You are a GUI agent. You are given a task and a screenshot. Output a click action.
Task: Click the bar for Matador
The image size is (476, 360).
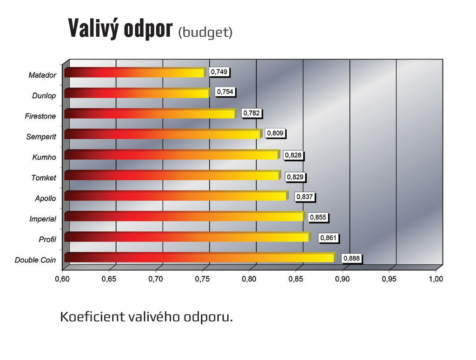[x=135, y=73]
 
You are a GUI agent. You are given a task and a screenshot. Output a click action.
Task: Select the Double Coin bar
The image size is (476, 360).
[x=200, y=257]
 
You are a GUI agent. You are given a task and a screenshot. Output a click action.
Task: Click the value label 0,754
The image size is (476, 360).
[x=225, y=92]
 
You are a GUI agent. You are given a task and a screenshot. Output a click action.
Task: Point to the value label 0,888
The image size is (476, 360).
[x=352, y=259]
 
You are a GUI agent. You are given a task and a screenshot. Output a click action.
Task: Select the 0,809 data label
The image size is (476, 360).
[x=275, y=134]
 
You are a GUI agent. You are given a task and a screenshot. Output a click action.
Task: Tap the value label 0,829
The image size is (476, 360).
[x=295, y=177]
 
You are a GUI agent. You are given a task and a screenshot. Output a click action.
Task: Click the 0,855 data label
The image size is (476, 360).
[x=318, y=217]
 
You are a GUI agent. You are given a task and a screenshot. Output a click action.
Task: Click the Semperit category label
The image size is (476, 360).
[x=41, y=137]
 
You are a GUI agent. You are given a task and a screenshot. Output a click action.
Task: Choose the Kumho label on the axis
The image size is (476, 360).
[x=44, y=157]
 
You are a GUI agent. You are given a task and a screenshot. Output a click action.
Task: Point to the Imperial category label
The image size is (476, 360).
[x=42, y=219]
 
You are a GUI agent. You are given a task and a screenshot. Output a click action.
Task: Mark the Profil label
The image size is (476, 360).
[x=47, y=240]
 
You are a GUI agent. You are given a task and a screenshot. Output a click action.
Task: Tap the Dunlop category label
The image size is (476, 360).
[x=44, y=96]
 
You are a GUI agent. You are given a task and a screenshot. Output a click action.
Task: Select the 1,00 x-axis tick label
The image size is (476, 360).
[x=436, y=279]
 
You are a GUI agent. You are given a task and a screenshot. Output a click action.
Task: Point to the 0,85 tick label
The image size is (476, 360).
[x=296, y=279]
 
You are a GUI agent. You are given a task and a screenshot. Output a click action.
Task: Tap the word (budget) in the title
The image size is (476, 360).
[x=205, y=33]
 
